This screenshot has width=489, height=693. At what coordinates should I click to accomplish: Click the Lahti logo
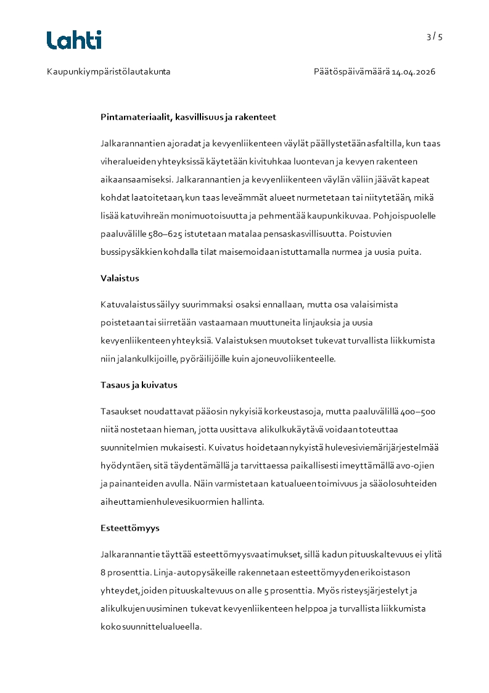pyautogui.click(x=74, y=40)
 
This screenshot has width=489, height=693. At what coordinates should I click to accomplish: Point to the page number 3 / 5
pyautogui.click(x=434, y=36)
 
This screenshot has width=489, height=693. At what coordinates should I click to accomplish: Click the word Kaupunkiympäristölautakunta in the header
pyautogui.click(x=109, y=72)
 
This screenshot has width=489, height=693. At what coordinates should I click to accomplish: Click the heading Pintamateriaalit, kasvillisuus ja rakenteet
pyautogui.click(x=188, y=117)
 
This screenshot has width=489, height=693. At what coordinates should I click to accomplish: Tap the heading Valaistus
pyautogui.click(x=120, y=278)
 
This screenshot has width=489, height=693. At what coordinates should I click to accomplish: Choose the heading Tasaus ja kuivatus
pyautogui.click(x=139, y=385)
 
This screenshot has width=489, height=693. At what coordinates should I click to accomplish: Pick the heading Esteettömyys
pyautogui.click(x=130, y=528)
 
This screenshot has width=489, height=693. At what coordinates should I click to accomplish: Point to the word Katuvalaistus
pyautogui.click(x=128, y=305)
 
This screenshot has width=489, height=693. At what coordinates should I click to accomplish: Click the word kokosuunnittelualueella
pyautogui.click(x=150, y=626)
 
